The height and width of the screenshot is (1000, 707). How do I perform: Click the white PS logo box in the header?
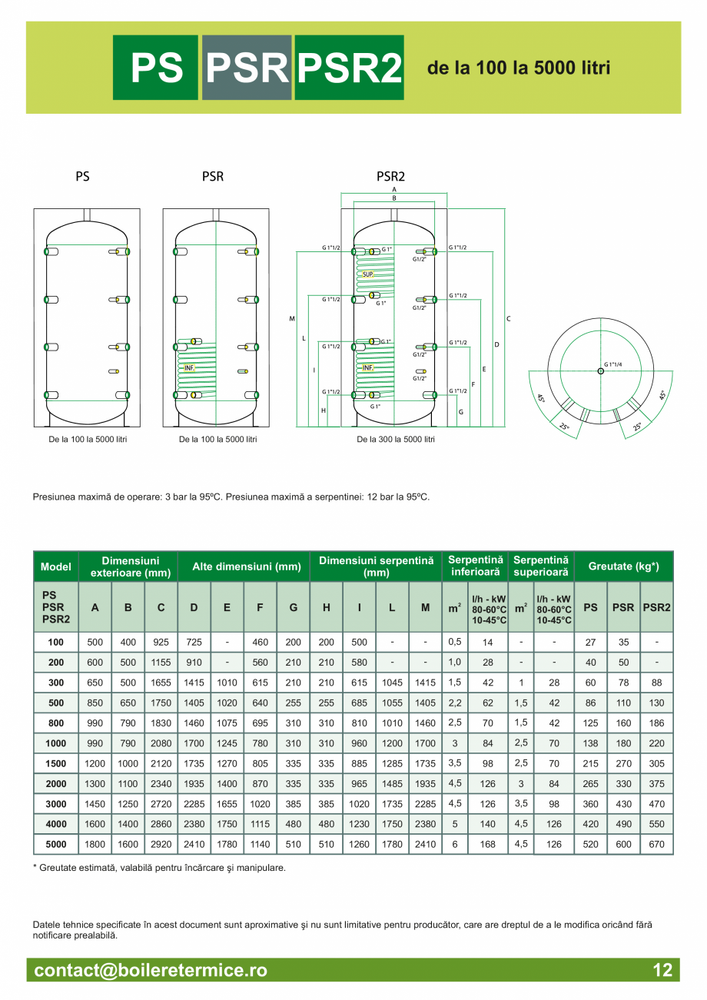(x=157, y=68)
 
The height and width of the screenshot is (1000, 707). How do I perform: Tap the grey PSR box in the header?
(x=247, y=68)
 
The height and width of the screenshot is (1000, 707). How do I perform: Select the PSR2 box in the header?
(x=349, y=68)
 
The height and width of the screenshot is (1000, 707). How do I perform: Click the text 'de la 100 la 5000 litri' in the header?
(x=519, y=68)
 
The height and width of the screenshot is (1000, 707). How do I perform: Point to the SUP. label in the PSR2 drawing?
(x=368, y=274)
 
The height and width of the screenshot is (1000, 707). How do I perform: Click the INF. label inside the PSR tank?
(x=189, y=368)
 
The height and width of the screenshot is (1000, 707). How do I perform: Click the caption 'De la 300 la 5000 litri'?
(x=395, y=440)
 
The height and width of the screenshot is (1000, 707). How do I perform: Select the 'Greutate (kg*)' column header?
(x=623, y=566)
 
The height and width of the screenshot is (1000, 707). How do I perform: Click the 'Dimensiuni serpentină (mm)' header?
(x=376, y=567)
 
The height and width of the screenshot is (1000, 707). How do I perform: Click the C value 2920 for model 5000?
(x=161, y=844)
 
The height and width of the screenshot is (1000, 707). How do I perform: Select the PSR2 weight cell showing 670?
(x=656, y=844)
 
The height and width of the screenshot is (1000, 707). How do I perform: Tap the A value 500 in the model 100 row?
(x=95, y=642)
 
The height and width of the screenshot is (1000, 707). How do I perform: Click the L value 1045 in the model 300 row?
(x=392, y=683)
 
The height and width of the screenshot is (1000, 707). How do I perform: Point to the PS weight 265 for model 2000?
(x=590, y=784)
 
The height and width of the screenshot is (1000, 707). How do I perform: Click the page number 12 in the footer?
(x=662, y=970)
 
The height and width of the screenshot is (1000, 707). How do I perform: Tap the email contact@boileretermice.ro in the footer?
(x=151, y=970)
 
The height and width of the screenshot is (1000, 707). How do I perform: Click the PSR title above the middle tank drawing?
(x=213, y=177)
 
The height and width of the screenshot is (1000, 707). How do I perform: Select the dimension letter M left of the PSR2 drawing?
(x=292, y=318)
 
